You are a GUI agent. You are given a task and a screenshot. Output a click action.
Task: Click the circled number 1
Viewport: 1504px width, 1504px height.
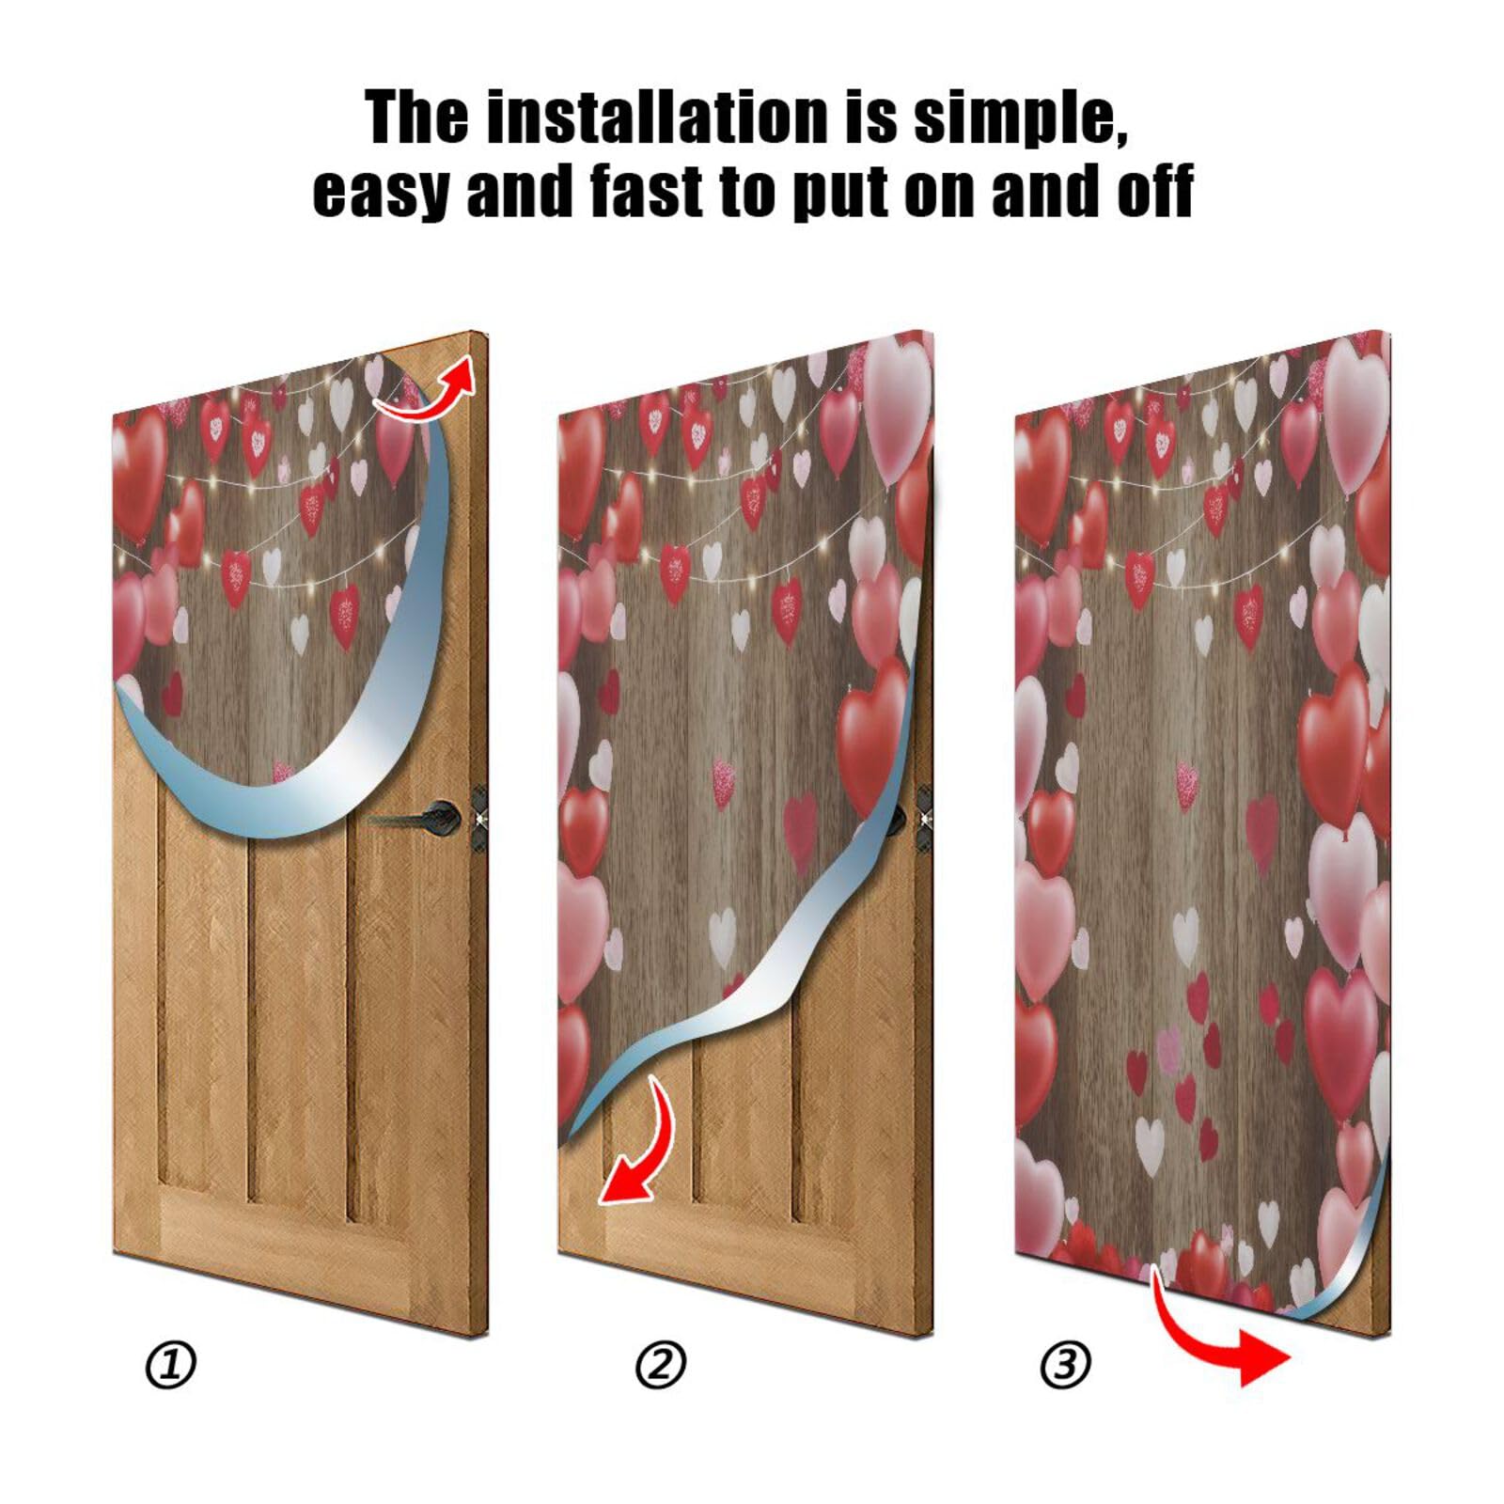170,1365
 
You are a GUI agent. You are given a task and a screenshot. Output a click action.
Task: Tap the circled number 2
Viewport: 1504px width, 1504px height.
661,1365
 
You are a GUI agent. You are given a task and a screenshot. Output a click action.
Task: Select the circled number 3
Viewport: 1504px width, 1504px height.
1065,1365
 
